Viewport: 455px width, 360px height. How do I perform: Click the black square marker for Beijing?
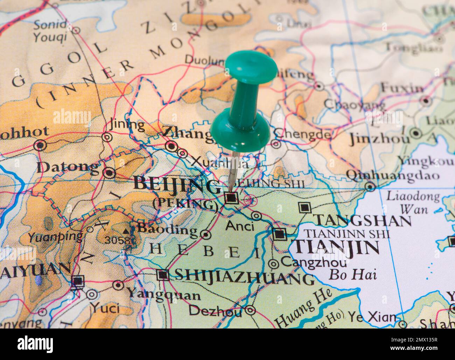coord(231,198)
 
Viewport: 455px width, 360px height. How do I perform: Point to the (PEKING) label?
coord(185,204)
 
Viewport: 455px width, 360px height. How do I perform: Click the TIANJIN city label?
coord(337,248)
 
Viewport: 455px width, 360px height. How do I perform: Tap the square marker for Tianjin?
coord(279,234)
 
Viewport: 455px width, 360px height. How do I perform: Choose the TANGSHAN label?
coord(363,220)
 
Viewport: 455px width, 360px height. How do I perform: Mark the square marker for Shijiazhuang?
coord(163,275)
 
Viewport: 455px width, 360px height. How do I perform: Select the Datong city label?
coord(68,168)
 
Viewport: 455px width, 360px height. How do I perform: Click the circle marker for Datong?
coord(110,172)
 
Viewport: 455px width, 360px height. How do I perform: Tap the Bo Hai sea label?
coord(352,274)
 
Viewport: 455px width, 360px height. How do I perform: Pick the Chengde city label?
coord(302,134)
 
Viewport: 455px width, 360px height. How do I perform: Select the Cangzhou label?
coord(314,261)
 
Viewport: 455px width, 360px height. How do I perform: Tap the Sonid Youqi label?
coord(50,31)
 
